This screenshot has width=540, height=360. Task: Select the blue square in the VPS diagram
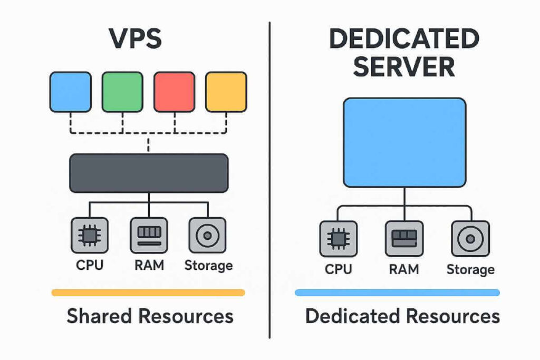coord(70,92)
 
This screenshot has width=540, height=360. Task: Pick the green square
coord(122,92)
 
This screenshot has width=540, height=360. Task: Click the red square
coord(174,92)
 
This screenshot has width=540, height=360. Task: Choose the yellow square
coord(226,92)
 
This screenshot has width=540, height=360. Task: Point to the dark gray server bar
coord(149,173)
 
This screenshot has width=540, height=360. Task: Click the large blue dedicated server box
coord(404,143)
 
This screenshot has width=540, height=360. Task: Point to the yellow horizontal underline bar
coord(148,293)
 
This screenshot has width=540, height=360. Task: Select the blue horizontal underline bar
coord(397,293)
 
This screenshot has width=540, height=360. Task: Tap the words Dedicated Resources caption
coord(402,316)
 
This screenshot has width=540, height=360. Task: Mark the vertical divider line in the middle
coord(269,179)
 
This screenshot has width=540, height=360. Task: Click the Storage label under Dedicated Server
coord(470,270)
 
